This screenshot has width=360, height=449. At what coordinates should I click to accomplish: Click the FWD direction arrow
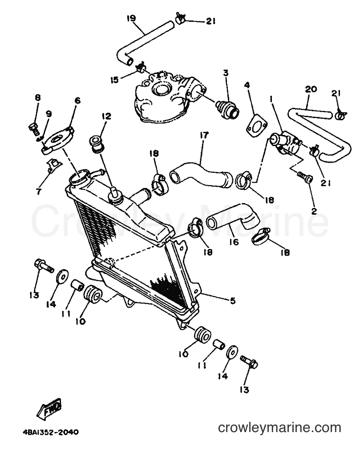click(49, 408)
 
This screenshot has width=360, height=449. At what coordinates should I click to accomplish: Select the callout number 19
click(131, 19)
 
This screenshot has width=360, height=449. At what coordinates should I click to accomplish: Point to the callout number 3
click(226, 73)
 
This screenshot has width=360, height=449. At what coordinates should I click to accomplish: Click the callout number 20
click(311, 90)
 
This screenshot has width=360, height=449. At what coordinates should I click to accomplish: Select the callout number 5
click(233, 301)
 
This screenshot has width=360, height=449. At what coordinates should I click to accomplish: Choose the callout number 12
click(106, 116)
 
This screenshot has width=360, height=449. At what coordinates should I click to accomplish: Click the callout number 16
click(234, 242)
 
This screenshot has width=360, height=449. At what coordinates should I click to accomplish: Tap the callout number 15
click(114, 80)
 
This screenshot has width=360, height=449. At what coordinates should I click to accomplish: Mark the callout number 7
click(38, 191)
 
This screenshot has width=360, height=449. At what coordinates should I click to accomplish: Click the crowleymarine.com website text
click(279, 428)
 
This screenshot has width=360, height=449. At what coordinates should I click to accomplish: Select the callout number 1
click(271, 100)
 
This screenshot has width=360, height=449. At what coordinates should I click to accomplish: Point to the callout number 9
click(49, 114)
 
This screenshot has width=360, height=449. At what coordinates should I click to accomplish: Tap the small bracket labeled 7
click(54, 166)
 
